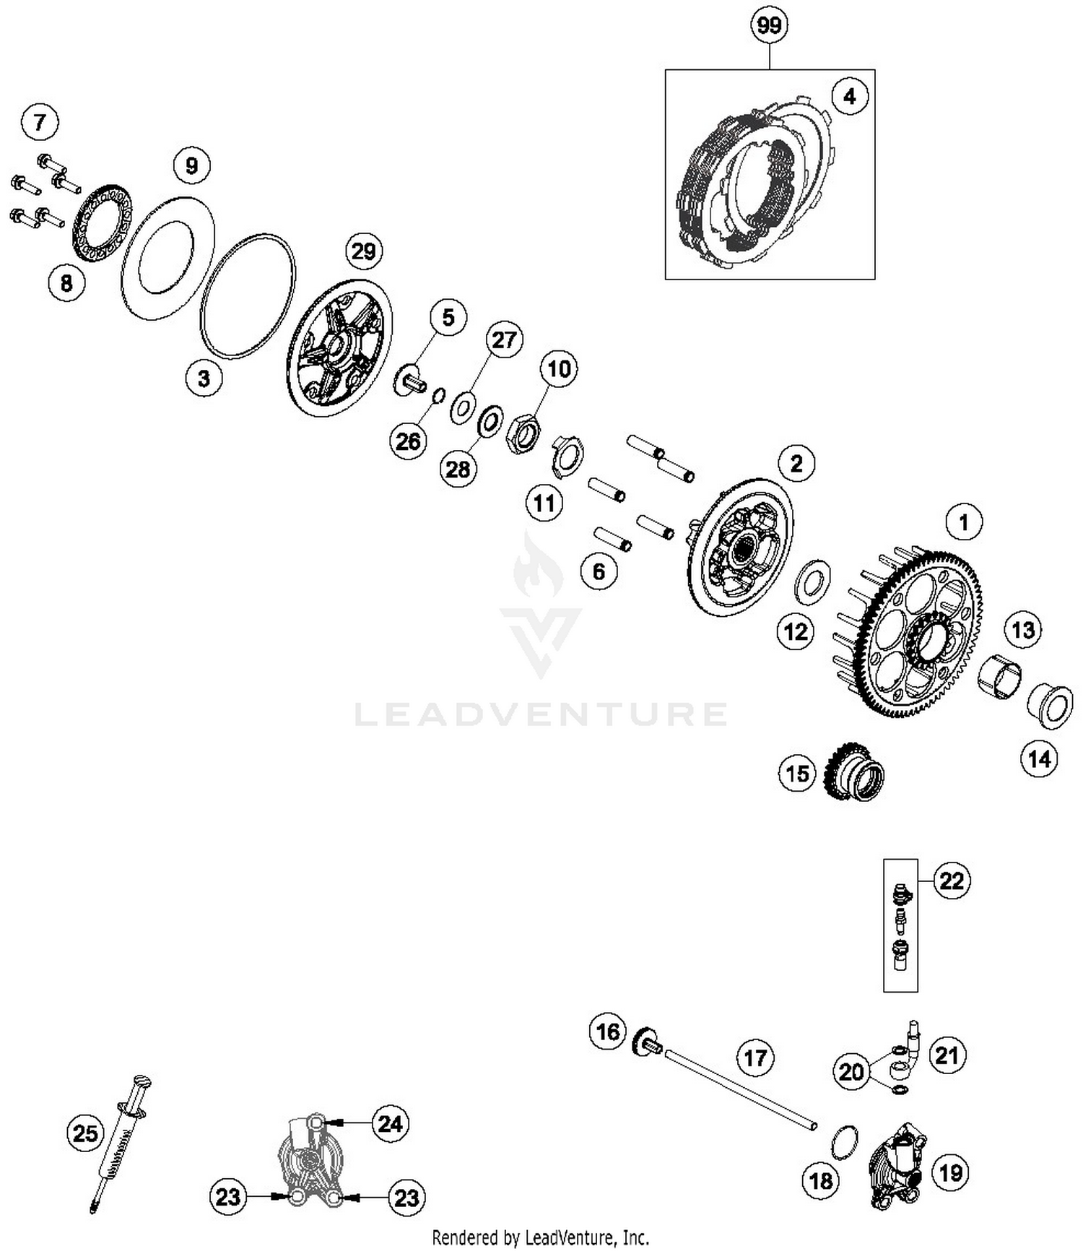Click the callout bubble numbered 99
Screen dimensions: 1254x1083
pyautogui.click(x=769, y=26)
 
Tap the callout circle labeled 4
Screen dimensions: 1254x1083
pyautogui.click(x=849, y=96)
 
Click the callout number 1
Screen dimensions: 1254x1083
pyautogui.click(x=963, y=522)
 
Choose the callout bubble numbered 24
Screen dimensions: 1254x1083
pyautogui.click(x=390, y=1123)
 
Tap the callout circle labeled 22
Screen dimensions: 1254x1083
pyautogui.click(x=952, y=881)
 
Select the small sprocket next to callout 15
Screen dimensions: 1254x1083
pyautogui.click(x=854, y=773)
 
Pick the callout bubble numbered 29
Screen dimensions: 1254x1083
pyautogui.click(x=363, y=251)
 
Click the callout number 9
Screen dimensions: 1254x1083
pyautogui.click(x=191, y=166)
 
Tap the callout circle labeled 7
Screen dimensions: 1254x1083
pyautogui.click(x=40, y=121)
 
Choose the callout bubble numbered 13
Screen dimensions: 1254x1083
pyautogui.click(x=1023, y=630)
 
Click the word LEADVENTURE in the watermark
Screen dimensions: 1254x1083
pyautogui.click(x=541, y=714)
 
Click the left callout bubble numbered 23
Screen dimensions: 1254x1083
pyautogui.click(x=228, y=1197)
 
